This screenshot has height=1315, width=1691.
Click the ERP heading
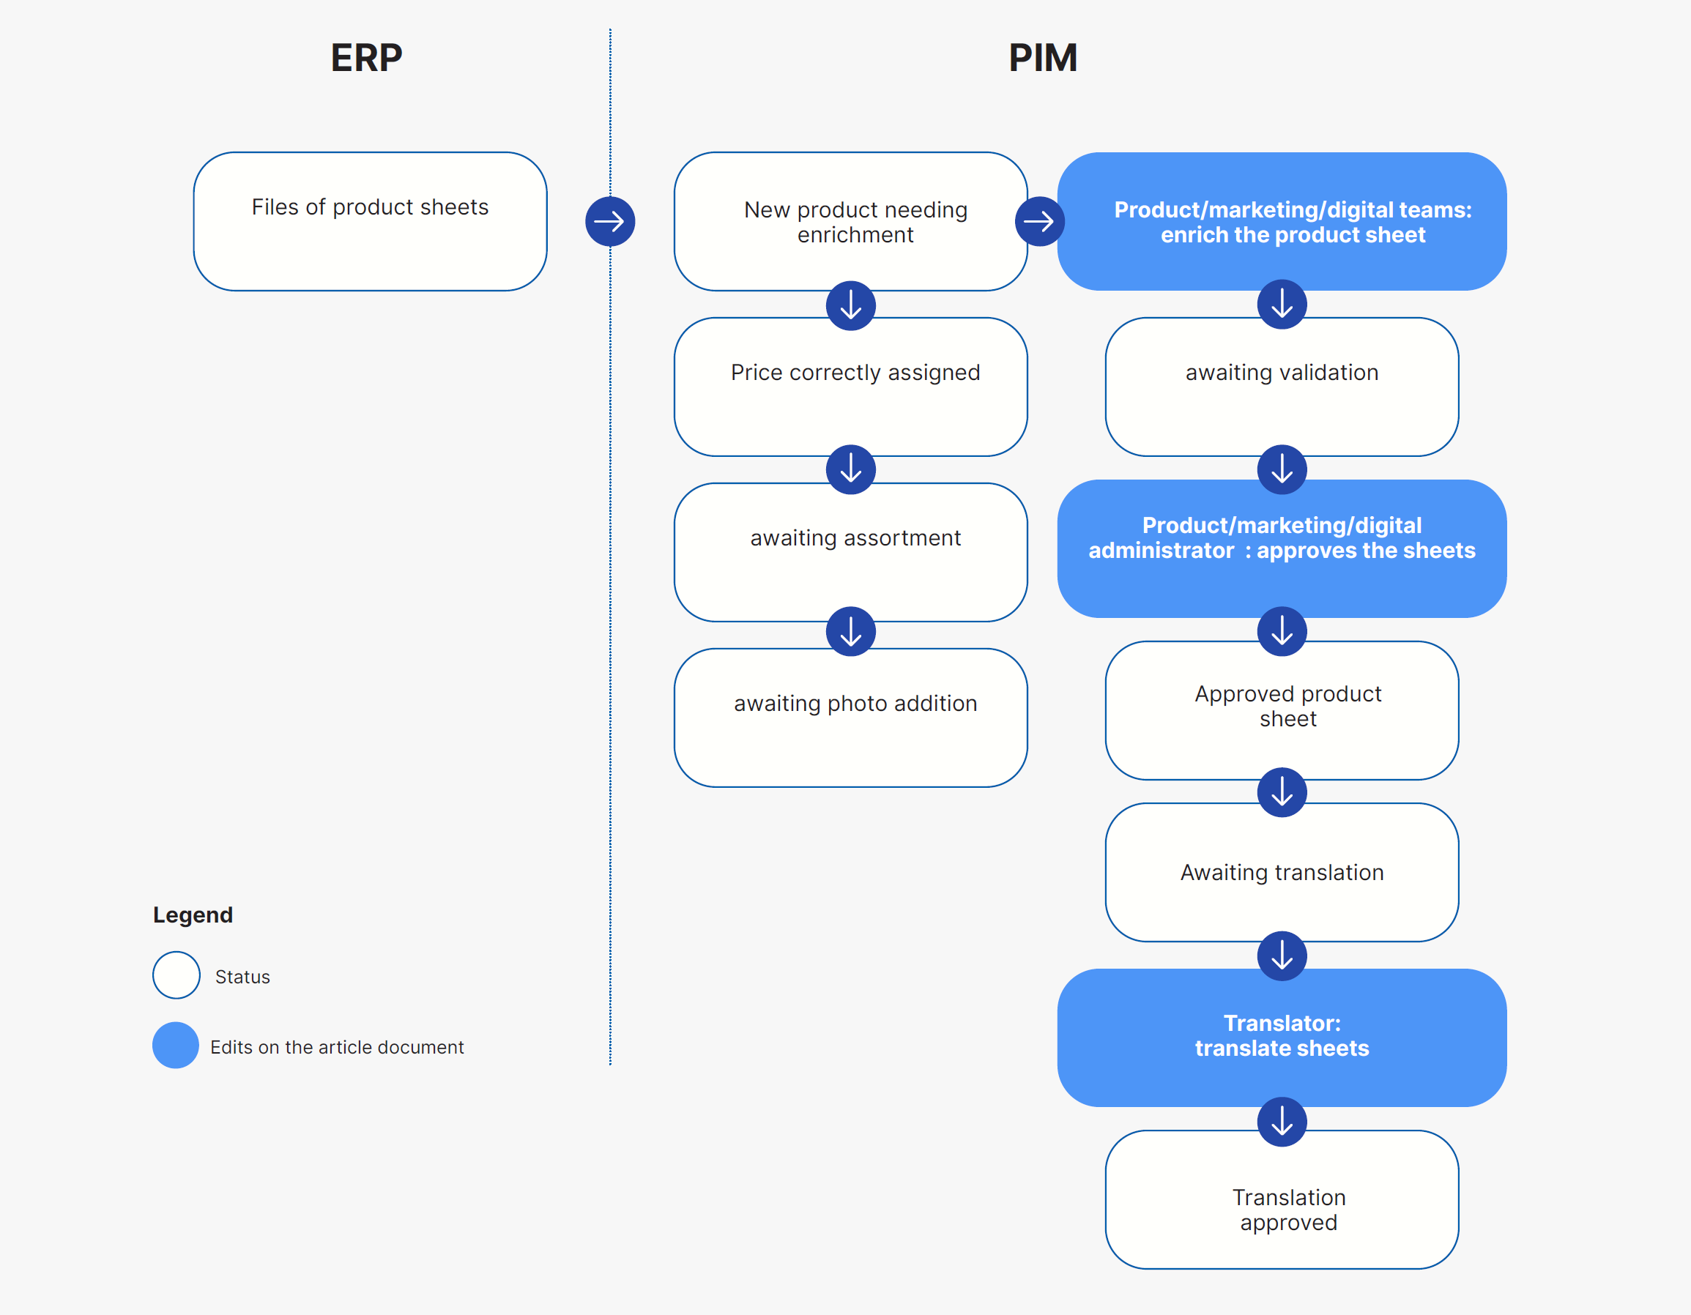click(x=366, y=57)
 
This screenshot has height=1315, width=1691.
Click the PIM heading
click(x=1042, y=57)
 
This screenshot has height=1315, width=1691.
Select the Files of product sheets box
click(x=370, y=221)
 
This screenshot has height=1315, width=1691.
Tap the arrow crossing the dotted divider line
click(x=610, y=221)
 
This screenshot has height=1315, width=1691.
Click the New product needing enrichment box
click(x=850, y=221)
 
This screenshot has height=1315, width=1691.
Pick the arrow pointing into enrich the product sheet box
click(x=1039, y=221)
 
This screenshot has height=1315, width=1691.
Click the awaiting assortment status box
click(x=850, y=552)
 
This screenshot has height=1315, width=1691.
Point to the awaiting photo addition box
click(x=850, y=718)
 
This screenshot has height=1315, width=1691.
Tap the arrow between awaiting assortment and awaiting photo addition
click(x=850, y=632)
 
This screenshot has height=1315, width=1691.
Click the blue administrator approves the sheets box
click(x=1282, y=548)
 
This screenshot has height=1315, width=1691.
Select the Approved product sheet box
click(x=1282, y=709)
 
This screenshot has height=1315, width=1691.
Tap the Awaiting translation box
click(x=1282, y=871)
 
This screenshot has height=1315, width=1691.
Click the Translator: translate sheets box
click(x=1282, y=1038)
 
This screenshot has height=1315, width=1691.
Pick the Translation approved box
click(x=1282, y=1199)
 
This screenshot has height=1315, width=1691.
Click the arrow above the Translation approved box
click(x=1282, y=1122)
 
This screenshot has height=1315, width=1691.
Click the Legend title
click(x=193, y=914)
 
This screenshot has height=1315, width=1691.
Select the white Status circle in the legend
click(x=176, y=975)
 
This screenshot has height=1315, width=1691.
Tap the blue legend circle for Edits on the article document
click(x=176, y=1045)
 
